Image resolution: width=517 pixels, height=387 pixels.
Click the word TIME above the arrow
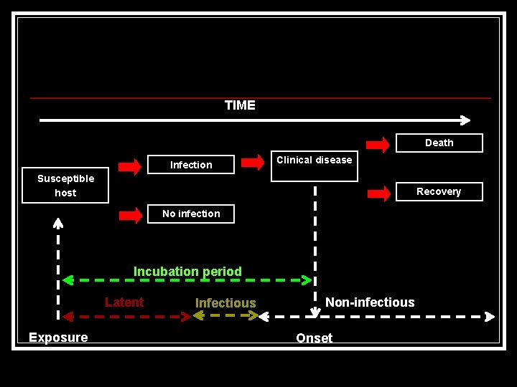coord(240,105)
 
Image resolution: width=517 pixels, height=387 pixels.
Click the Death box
coord(439,143)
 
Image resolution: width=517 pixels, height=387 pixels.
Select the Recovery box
coord(439,191)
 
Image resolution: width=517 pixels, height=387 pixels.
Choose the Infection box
coord(191,165)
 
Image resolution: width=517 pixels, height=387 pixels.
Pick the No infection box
coord(191,214)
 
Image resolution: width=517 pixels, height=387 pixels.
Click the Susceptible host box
coord(65,186)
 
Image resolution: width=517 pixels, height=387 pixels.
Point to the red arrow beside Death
coord(378,144)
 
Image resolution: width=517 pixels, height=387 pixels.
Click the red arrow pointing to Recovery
coord(378,193)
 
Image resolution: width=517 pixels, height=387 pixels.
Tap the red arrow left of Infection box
coord(130,166)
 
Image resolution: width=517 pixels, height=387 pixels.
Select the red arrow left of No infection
coord(130,214)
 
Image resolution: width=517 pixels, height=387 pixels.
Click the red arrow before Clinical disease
coord(253,163)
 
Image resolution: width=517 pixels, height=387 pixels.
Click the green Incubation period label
coord(187,272)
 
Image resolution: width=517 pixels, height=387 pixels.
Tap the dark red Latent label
coord(124,302)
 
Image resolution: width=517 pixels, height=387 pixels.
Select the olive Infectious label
coord(225,303)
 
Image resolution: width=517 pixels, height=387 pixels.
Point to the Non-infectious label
coord(370,302)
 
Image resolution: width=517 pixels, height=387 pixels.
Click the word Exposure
coord(58,338)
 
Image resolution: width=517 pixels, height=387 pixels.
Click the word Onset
coord(315,338)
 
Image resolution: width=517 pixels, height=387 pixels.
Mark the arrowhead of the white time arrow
coord(465,120)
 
